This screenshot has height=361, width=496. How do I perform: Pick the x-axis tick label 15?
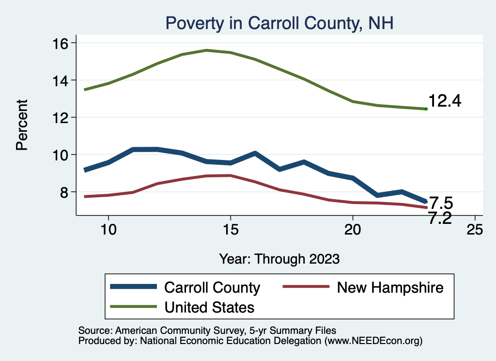(231, 229)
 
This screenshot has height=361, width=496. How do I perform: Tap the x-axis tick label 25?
(475, 229)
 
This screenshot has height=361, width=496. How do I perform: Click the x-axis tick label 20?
(353, 229)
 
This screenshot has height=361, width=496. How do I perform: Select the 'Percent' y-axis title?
(22, 125)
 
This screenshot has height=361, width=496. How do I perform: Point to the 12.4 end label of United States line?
(445, 101)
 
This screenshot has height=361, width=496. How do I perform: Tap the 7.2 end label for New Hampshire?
(440, 219)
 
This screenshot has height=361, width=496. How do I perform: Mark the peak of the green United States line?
(206, 50)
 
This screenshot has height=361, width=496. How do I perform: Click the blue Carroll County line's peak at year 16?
(255, 153)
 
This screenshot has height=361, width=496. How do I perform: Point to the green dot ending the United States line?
(426, 109)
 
